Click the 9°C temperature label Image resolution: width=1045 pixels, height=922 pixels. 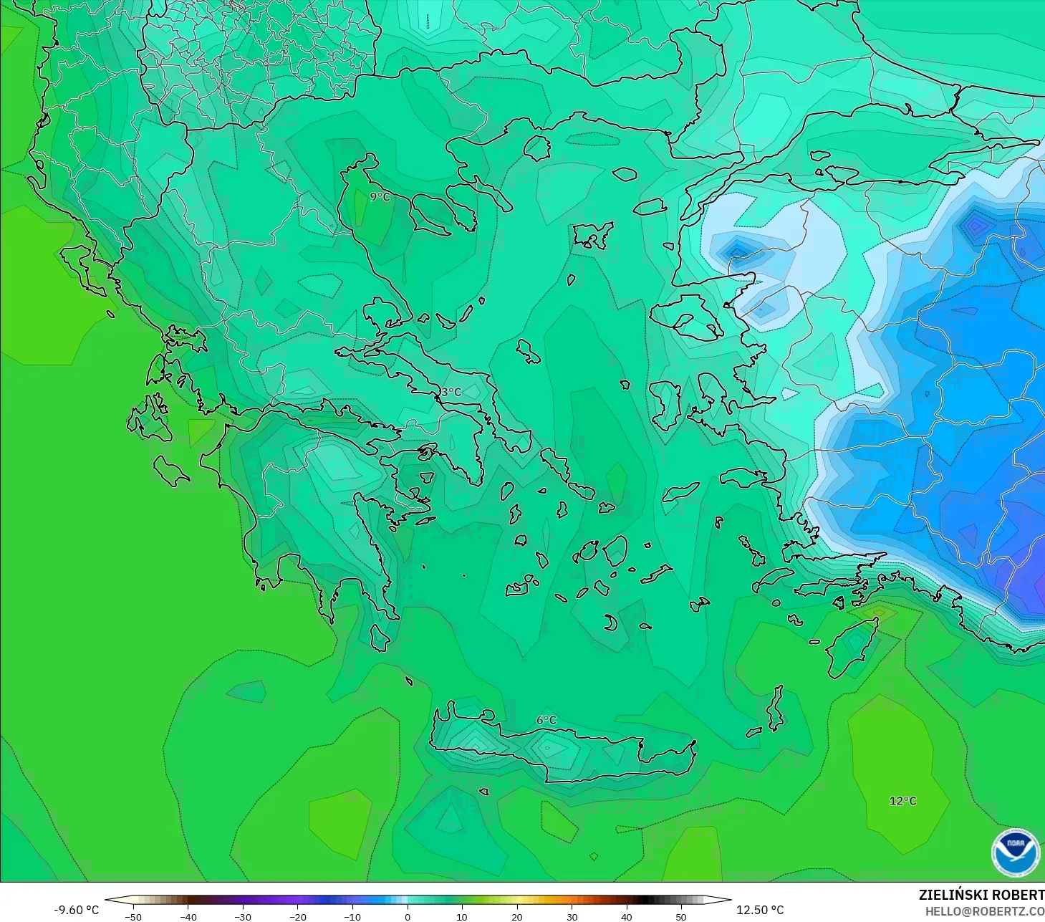pos(380,196)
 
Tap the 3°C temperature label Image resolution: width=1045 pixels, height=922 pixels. pos(451,392)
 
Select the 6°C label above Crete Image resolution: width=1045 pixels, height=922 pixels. pos(546,720)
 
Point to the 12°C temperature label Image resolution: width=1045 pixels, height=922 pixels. pos(902,800)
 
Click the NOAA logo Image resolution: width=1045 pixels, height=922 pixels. pos(1015,853)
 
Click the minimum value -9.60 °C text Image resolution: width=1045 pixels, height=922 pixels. pos(77,910)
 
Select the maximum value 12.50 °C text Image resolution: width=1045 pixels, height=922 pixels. pos(760,910)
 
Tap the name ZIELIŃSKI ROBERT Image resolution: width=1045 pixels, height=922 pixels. pos(981,895)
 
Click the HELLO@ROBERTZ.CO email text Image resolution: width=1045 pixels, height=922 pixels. pos(984,911)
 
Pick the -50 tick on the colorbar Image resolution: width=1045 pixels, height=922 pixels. pos(133,916)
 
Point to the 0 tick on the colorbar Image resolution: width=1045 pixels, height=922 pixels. pos(408,916)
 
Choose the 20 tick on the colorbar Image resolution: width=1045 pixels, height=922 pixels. pos(517,916)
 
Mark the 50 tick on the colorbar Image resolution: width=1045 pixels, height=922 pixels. pos(681,916)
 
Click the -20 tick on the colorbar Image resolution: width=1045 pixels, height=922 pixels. pos(297,916)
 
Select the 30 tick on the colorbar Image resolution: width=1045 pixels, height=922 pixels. pos(572,916)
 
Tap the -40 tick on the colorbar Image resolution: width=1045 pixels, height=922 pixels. pos(188,916)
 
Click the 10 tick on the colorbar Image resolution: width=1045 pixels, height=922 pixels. pos(462,916)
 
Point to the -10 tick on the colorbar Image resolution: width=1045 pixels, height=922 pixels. pos(352,916)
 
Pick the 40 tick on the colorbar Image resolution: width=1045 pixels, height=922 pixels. pos(627,916)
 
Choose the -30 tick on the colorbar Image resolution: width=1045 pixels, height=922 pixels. pos(242,916)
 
